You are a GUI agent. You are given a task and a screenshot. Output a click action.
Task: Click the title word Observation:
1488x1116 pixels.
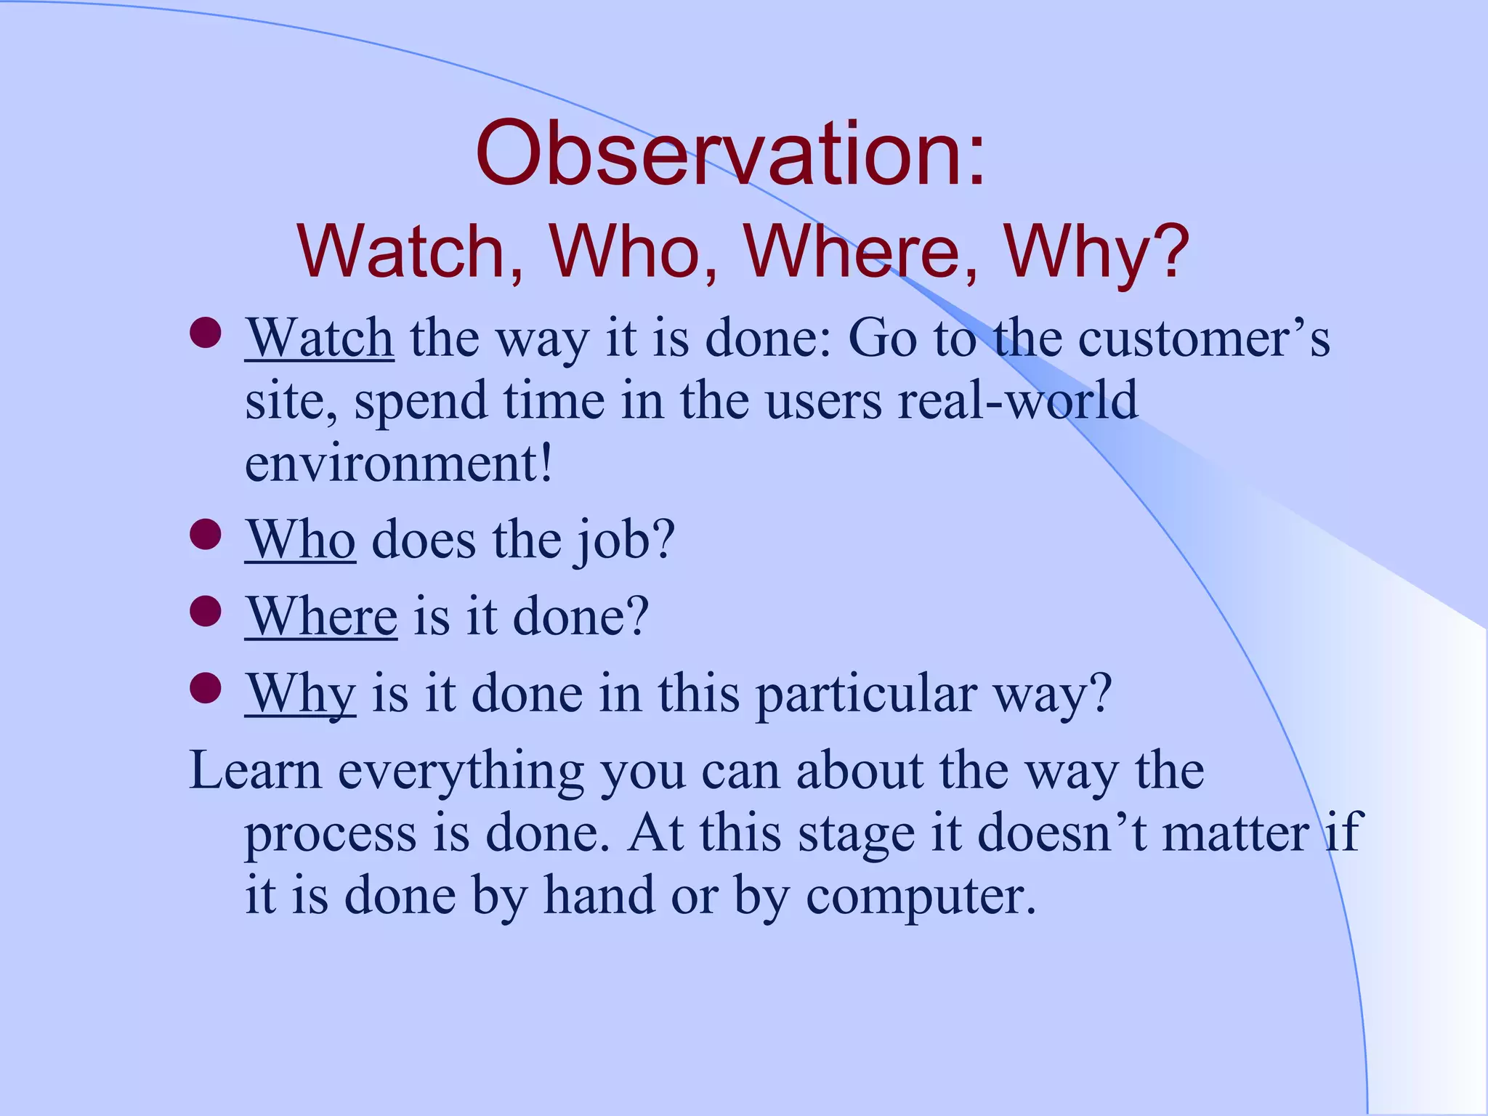[x=731, y=155]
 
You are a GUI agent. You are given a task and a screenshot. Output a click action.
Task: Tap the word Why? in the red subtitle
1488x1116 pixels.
[x=1096, y=252]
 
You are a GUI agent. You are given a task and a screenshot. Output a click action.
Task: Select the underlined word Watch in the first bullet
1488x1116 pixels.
[x=320, y=339]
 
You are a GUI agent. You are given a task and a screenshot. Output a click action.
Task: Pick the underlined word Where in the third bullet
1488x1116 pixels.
[x=321, y=617]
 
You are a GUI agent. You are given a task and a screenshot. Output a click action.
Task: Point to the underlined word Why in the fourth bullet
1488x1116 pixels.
[x=300, y=694]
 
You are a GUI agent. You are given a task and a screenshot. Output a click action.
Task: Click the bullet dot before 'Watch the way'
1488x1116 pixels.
[x=206, y=333]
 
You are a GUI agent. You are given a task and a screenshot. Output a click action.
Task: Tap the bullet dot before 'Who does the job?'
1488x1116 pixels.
[x=206, y=534]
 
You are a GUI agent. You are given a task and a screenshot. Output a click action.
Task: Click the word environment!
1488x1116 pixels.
[x=399, y=464]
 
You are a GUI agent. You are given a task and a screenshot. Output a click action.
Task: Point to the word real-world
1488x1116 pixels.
[x=1017, y=401]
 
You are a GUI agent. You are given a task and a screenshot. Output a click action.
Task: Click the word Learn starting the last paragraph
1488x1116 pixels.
[x=255, y=770]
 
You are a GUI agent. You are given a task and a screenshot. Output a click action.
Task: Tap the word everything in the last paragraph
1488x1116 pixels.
[x=461, y=772]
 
